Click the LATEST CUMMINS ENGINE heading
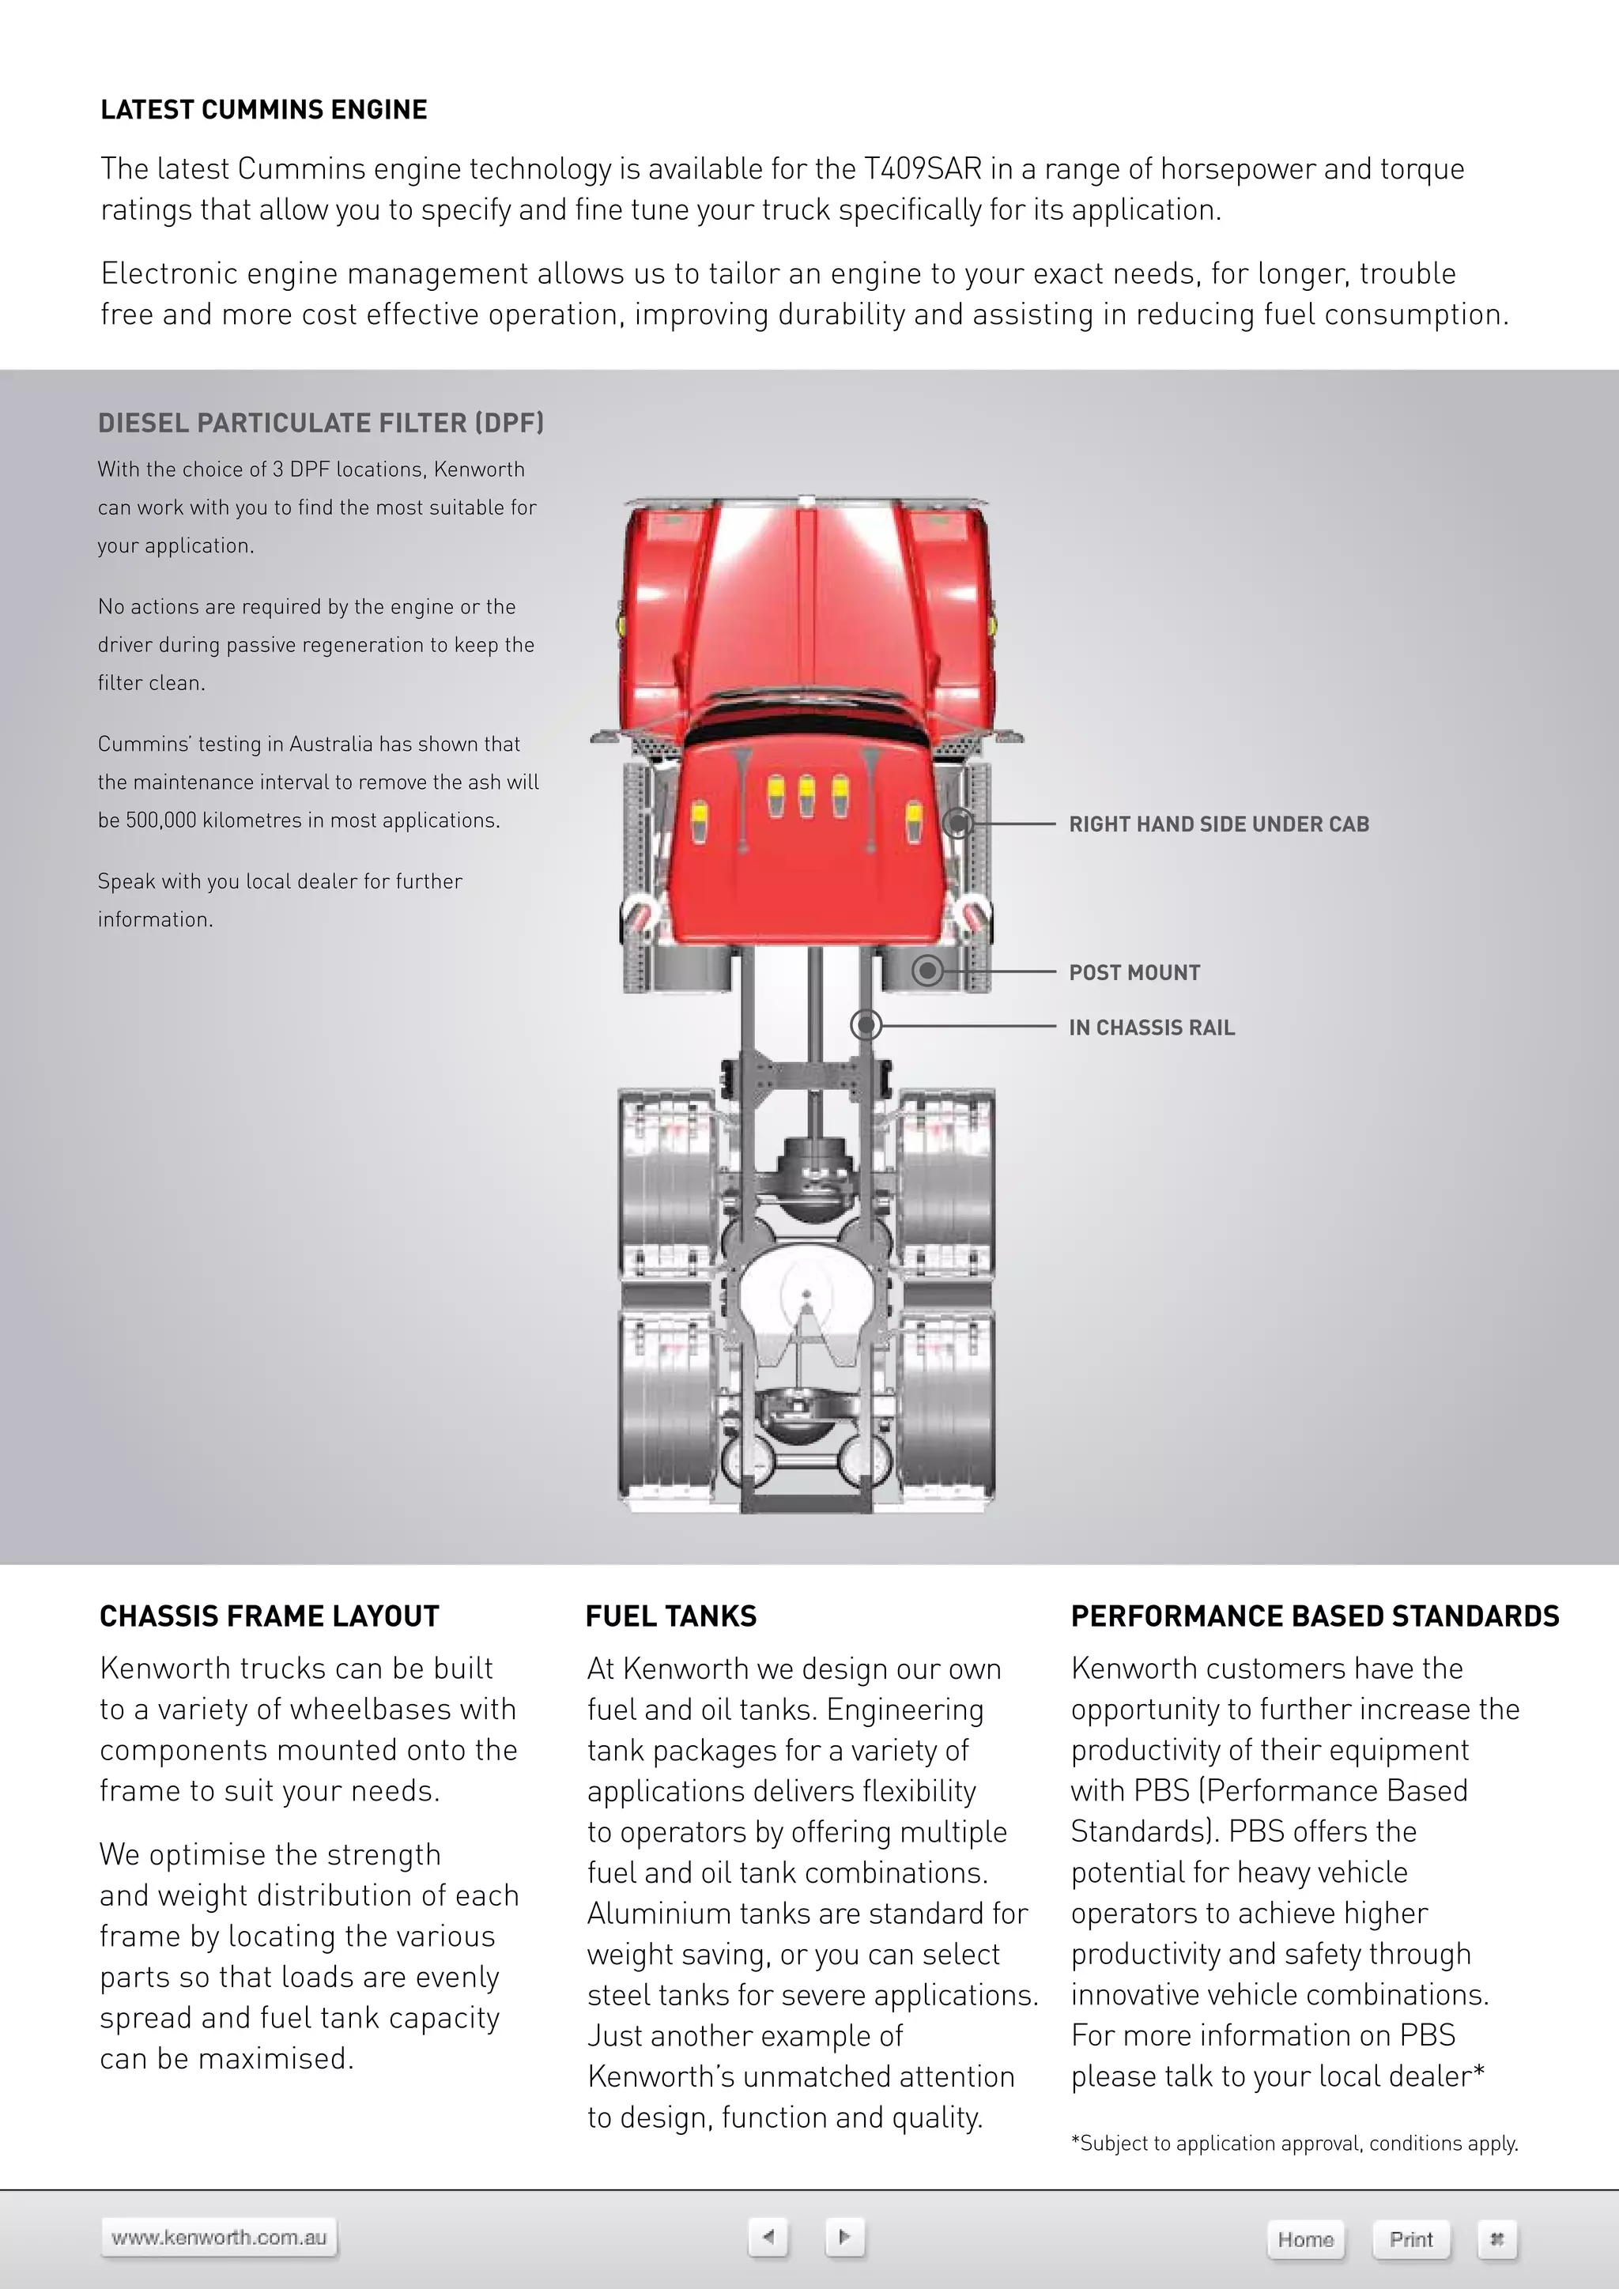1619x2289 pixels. pyautogui.click(x=263, y=110)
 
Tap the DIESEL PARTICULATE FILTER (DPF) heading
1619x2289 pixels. pyautogui.click(x=320, y=424)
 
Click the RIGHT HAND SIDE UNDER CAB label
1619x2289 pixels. pyautogui.click(x=1218, y=824)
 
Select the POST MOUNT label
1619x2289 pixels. pyautogui.click(x=1134, y=973)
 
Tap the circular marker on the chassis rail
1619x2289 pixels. pyautogui.click(x=866, y=1025)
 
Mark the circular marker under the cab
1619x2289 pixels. pyautogui.click(x=958, y=824)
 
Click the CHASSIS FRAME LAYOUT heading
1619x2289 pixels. pyautogui.click(x=269, y=1617)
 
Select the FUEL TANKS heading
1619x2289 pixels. pyautogui.click(x=671, y=1617)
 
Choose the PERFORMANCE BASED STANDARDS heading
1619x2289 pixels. pyautogui.click(x=1314, y=1617)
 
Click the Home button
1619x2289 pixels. pyautogui.click(x=1305, y=2239)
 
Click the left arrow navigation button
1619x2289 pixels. pyautogui.click(x=768, y=2236)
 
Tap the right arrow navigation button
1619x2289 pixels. pyautogui.click(x=844, y=2236)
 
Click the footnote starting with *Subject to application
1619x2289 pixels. pyautogui.click(x=1294, y=2144)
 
